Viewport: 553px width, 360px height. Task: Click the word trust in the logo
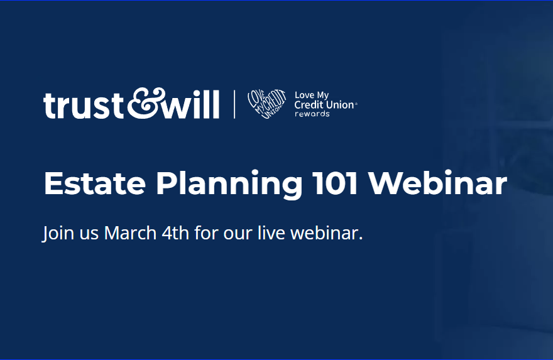click(x=83, y=105)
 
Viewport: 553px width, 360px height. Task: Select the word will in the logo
click(x=192, y=104)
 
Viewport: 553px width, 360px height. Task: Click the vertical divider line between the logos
click(x=234, y=104)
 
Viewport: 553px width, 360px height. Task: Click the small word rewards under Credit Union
click(x=312, y=114)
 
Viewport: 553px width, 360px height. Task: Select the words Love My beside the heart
click(x=312, y=95)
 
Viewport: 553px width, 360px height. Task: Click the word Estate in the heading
click(x=94, y=183)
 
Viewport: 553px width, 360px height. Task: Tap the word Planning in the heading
click(x=229, y=185)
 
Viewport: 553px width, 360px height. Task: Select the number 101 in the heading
click(x=336, y=183)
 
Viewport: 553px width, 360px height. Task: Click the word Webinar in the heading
click(x=437, y=183)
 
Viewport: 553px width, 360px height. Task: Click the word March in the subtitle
click(x=130, y=232)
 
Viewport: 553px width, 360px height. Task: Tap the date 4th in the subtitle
click(x=175, y=232)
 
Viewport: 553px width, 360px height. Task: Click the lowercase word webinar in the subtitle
click(x=327, y=232)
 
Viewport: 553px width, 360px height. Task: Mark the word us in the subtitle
click(x=89, y=235)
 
